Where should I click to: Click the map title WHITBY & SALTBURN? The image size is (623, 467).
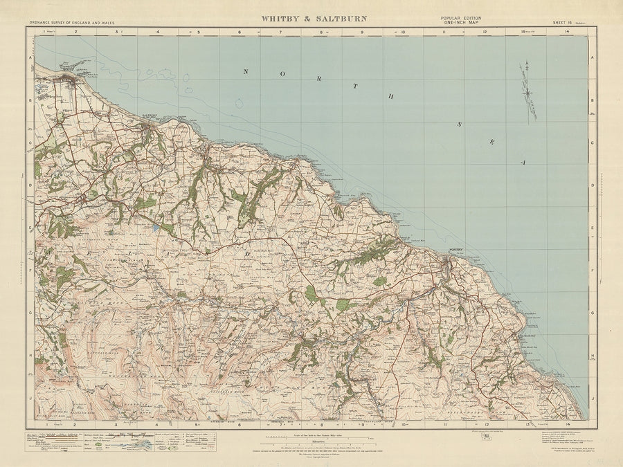point(314,19)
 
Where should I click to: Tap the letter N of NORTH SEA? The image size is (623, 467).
point(245,71)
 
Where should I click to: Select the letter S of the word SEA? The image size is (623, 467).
point(457,125)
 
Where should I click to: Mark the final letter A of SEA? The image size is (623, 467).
point(524,161)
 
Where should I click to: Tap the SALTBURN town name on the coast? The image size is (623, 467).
point(150,115)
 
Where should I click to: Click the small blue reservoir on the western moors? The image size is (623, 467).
point(159,226)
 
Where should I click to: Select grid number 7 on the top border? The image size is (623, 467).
point(281,32)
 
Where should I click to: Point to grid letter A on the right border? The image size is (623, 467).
point(592,59)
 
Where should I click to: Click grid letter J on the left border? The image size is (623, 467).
point(30,399)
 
